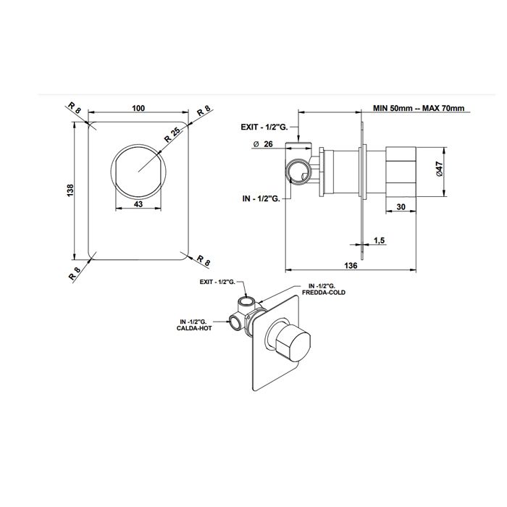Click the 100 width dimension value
pyautogui.click(x=138, y=108)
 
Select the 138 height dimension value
pyautogui.click(x=70, y=190)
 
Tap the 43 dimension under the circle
pyautogui.click(x=138, y=204)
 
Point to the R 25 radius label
pyautogui.click(x=172, y=135)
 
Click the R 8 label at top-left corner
pyautogui.click(x=74, y=108)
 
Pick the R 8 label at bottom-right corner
pyautogui.click(x=204, y=260)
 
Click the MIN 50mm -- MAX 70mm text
pyautogui.click(x=419, y=108)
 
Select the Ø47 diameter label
pyautogui.click(x=439, y=169)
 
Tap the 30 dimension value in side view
pyautogui.click(x=401, y=206)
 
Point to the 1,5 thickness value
pyautogui.click(x=380, y=240)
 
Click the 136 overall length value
pyautogui.click(x=351, y=266)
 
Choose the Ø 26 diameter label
pyautogui.click(x=264, y=144)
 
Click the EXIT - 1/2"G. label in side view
pyautogui.click(x=264, y=127)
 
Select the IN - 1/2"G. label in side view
pyautogui.click(x=261, y=198)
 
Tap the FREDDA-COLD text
pyautogui.click(x=323, y=293)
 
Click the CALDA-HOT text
pyautogui.click(x=194, y=328)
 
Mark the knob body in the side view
pyautogui.click(x=401, y=172)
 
